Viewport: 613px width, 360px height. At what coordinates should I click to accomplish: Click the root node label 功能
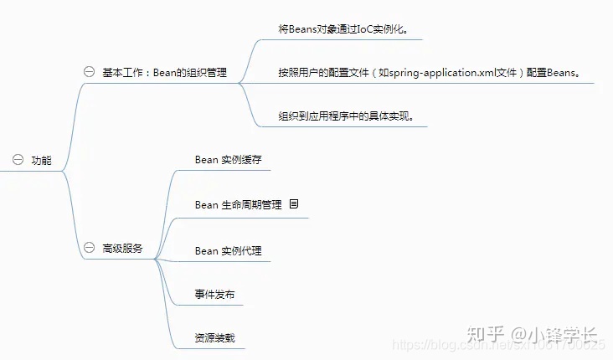[x=41, y=161]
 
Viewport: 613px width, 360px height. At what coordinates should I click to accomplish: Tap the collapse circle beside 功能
[x=17, y=160]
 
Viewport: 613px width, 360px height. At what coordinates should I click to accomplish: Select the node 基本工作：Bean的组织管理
[x=164, y=72]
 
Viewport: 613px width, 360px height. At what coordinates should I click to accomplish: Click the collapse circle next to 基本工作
[x=89, y=72]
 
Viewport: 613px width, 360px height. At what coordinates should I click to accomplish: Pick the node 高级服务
[x=122, y=249]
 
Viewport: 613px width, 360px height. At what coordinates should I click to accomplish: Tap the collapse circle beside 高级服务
[x=89, y=249]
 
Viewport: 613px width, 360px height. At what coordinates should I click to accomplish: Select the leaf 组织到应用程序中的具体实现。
[x=347, y=116]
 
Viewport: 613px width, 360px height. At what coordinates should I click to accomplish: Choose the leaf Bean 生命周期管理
[x=238, y=204]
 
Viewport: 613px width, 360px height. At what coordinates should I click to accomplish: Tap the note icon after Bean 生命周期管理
[x=294, y=203]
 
